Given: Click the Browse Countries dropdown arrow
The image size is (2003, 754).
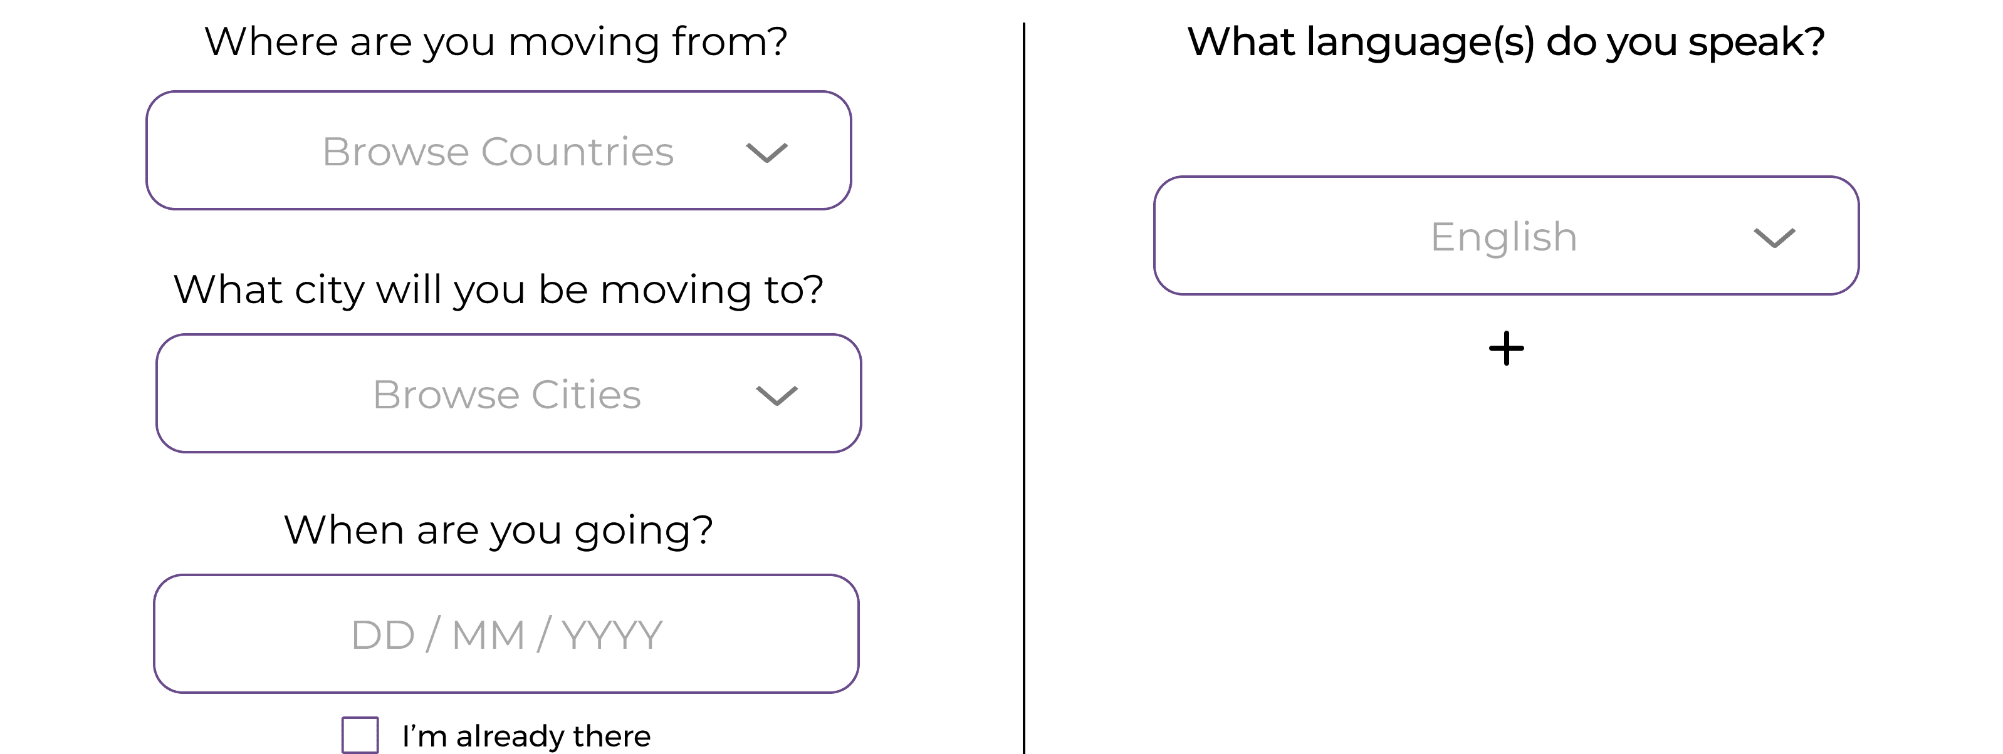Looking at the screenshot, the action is click(x=766, y=152).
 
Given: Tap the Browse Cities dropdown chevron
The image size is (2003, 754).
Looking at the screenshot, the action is click(x=777, y=396).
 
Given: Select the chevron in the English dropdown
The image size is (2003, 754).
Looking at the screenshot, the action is click(x=1774, y=238).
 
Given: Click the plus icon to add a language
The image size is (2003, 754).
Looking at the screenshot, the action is click(x=1506, y=348).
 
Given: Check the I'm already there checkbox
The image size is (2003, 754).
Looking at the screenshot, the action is click(x=360, y=735).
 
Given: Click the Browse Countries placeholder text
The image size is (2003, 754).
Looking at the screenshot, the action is click(x=498, y=152).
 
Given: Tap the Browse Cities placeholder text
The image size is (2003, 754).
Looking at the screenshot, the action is click(x=506, y=395).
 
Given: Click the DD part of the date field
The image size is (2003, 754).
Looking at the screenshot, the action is click(x=382, y=635).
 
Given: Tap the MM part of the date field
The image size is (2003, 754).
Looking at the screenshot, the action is click(x=488, y=635).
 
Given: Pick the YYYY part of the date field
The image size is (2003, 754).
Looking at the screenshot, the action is click(x=612, y=635).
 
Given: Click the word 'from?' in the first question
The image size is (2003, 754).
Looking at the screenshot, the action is click(x=730, y=42).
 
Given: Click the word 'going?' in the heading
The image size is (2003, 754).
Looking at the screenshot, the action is click(x=643, y=532).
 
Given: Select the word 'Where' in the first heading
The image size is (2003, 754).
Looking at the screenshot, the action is click(x=271, y=42).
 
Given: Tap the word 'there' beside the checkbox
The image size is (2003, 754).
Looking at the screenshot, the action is click(x=612, y=736).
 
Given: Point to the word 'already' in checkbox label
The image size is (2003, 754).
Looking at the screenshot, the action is click(x=513, y=736).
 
